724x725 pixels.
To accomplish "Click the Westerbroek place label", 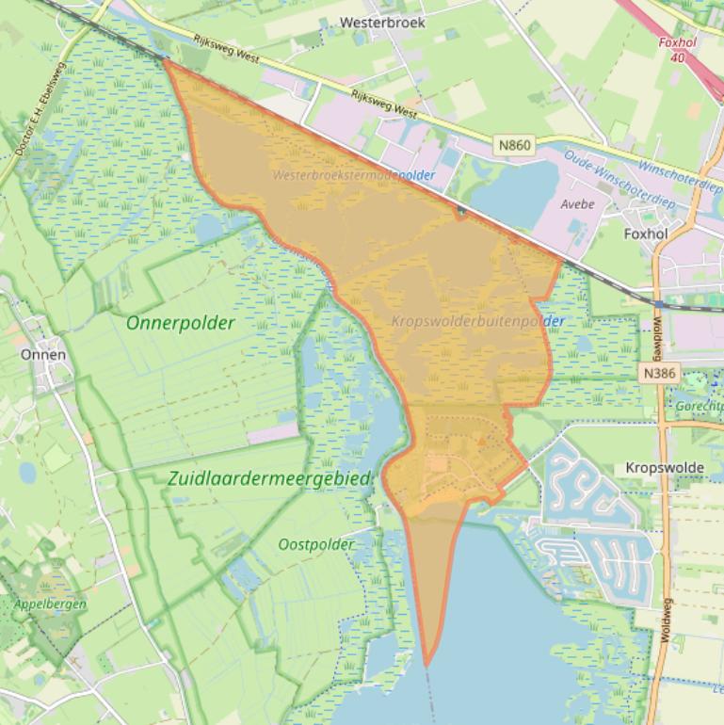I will point(382,22).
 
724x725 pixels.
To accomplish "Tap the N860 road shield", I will point(515,145).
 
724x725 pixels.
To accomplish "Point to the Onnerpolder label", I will point(180,322).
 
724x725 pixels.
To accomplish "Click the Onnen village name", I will point(43,355).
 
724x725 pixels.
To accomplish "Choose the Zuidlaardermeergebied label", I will point(270,478).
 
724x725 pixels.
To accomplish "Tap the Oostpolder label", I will point(316,544).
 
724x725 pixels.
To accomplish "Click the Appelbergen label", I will point(50,604).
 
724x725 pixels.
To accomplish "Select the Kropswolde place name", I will point(665,468).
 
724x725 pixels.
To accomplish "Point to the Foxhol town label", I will point(646,234).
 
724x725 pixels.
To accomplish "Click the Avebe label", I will point(578,203).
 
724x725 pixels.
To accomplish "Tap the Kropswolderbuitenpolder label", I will point(477,321).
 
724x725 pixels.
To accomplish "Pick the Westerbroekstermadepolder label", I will point(354,175).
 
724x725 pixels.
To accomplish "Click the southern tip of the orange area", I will point(426,665).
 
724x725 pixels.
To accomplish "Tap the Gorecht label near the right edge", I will point(699,406).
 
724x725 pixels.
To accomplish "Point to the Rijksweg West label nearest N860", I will point(384,103).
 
